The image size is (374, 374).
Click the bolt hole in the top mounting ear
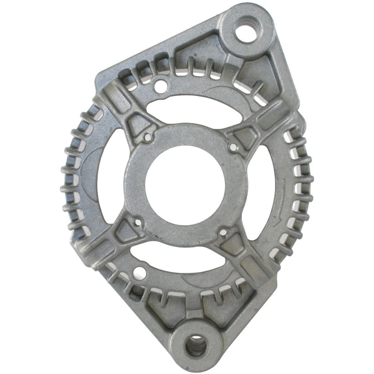point(247,33)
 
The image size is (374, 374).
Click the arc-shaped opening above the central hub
point(193,107)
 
